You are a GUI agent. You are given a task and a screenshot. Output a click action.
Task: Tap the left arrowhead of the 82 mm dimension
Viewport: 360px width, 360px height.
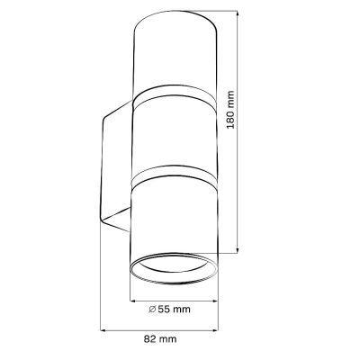pos(101,329)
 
